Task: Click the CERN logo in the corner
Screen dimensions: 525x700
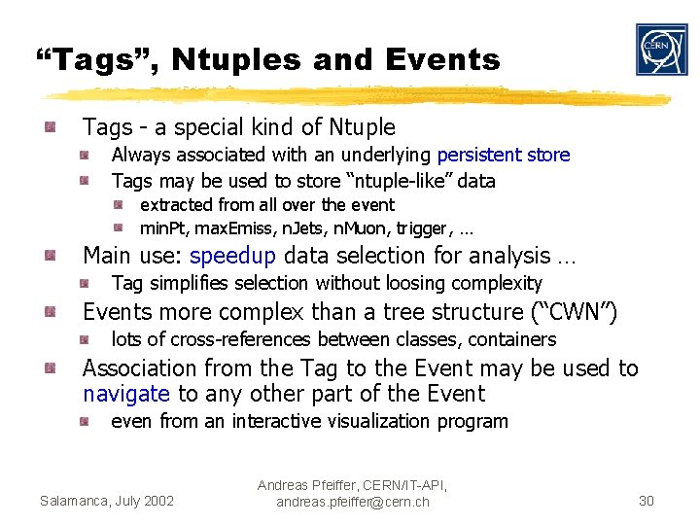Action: click(x=661, y=50)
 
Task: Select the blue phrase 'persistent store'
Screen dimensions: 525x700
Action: click(x=503, y=155)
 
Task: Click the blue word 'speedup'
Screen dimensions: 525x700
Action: click(x=232, y=256)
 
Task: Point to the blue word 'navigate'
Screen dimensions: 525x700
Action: click(x=126, y=394)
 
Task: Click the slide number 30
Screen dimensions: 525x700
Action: click(x=646, y=501)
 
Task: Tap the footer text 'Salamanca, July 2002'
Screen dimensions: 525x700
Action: click(x=107, y=501)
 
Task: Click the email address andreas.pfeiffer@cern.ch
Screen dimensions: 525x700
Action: click(x=352, y=502)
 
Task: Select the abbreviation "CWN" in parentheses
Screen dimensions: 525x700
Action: click(x=575, y=312)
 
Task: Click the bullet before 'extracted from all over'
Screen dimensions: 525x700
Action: click(x=119, y=205)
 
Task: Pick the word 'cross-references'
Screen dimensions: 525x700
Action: click(x=227, y=339)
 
